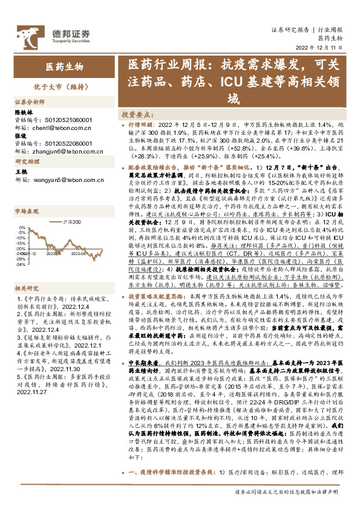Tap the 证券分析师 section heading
[x=29, y=103]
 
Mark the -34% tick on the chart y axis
[x=20, y=264]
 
